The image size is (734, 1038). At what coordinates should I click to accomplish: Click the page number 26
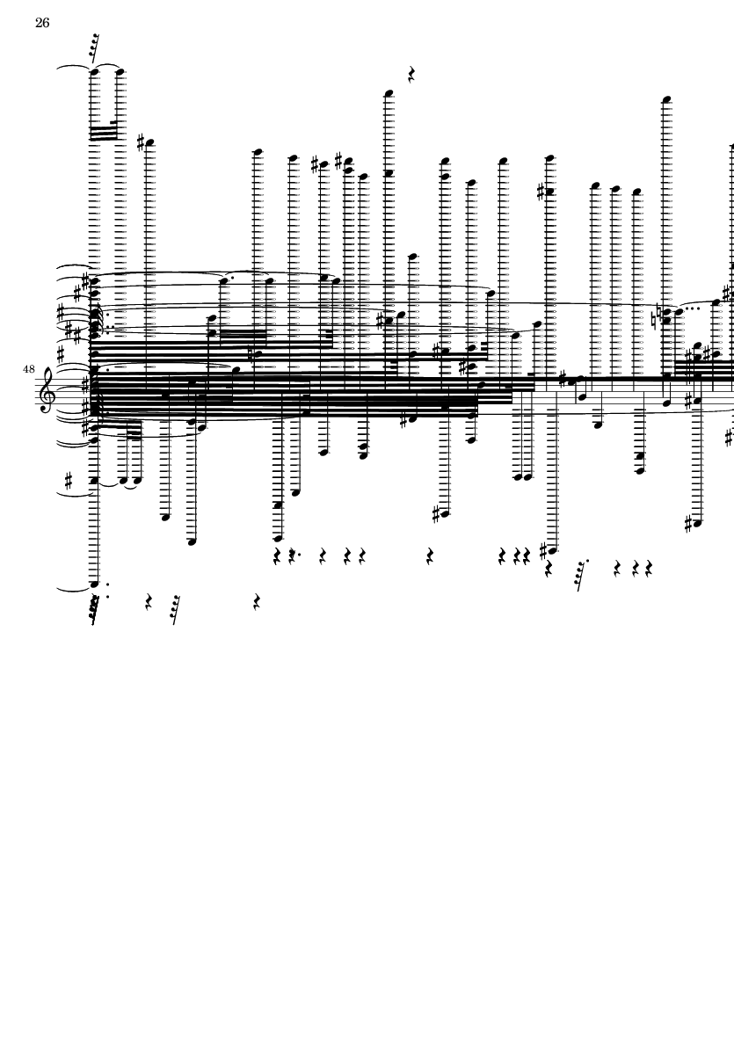(42, 23)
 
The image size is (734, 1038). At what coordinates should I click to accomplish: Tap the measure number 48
(28, 369)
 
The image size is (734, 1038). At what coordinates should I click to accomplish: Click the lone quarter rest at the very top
(411, 74)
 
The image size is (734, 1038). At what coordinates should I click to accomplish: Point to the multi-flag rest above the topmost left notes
(95, 47)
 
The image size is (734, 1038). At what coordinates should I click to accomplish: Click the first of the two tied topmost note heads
(94, 71)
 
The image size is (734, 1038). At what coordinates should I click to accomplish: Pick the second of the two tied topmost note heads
(120, 71)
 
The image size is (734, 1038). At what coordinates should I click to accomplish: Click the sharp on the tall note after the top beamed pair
(141, 142)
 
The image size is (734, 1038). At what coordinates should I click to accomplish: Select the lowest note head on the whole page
(94, 584)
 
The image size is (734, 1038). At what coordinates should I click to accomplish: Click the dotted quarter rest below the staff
(294, 556)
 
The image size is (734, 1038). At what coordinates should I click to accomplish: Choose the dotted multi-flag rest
(580, 576)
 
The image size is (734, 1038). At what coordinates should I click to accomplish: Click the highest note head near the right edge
(666, 100)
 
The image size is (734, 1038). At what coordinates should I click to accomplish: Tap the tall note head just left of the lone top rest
(389, 93)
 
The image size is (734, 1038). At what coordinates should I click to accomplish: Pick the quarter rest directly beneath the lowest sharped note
(548, 569)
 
